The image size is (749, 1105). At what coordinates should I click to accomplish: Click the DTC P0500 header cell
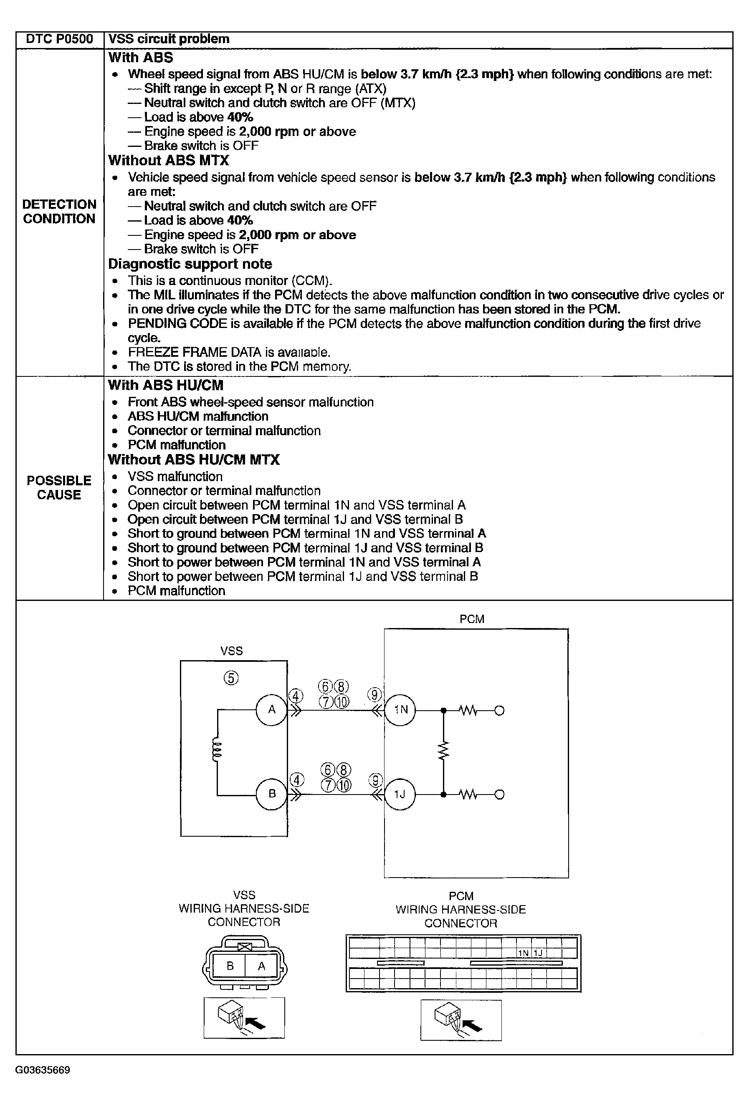click(59, 39)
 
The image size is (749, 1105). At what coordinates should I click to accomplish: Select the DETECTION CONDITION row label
click(59, 212)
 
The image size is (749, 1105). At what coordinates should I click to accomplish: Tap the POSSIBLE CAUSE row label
click(59, 487)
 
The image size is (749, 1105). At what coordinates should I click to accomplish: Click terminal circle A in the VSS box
click(272, 710)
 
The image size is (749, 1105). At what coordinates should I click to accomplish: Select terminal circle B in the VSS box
click(272, 794)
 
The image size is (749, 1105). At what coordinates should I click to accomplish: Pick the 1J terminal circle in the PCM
click(400, 794)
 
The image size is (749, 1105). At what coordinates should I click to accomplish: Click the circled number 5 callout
click(231, 678)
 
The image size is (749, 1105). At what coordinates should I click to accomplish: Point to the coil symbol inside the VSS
click(217, 751)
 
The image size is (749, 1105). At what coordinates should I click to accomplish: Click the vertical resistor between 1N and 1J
click(443, 751)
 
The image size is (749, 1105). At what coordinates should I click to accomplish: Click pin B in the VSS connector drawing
click(230, 966)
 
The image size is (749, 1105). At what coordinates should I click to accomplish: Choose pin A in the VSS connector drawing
click(261, 966)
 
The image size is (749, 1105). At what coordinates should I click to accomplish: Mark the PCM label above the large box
click(472, 619)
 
